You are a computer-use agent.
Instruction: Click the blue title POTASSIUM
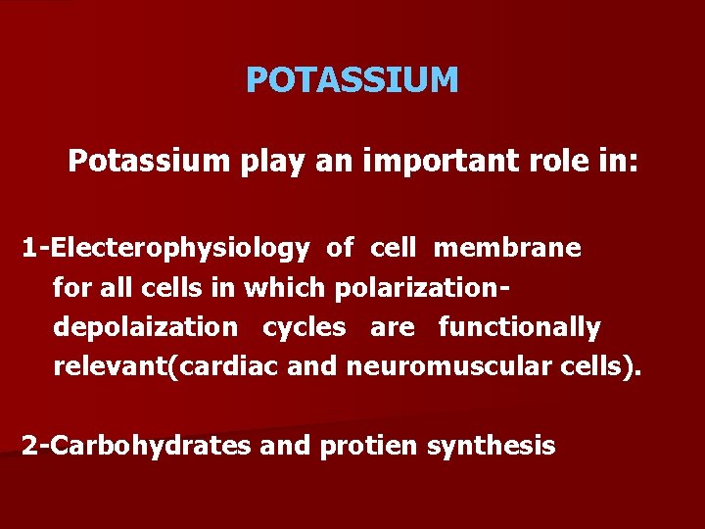click(x=352, y=80)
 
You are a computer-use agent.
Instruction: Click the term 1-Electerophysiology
click(x=164, y=249)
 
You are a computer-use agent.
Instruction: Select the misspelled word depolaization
click(x=145, y=327)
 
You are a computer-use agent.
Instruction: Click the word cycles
click(x=303, y=327)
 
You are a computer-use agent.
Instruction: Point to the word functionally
click(x=519, y=327)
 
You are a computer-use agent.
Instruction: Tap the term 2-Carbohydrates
click(x=137, y=446)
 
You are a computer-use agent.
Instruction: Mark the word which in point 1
click(x=289, y=288)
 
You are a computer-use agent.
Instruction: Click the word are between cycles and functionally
click(x=392, y=327)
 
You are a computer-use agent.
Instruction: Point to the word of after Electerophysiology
click(x=340, y=249)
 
